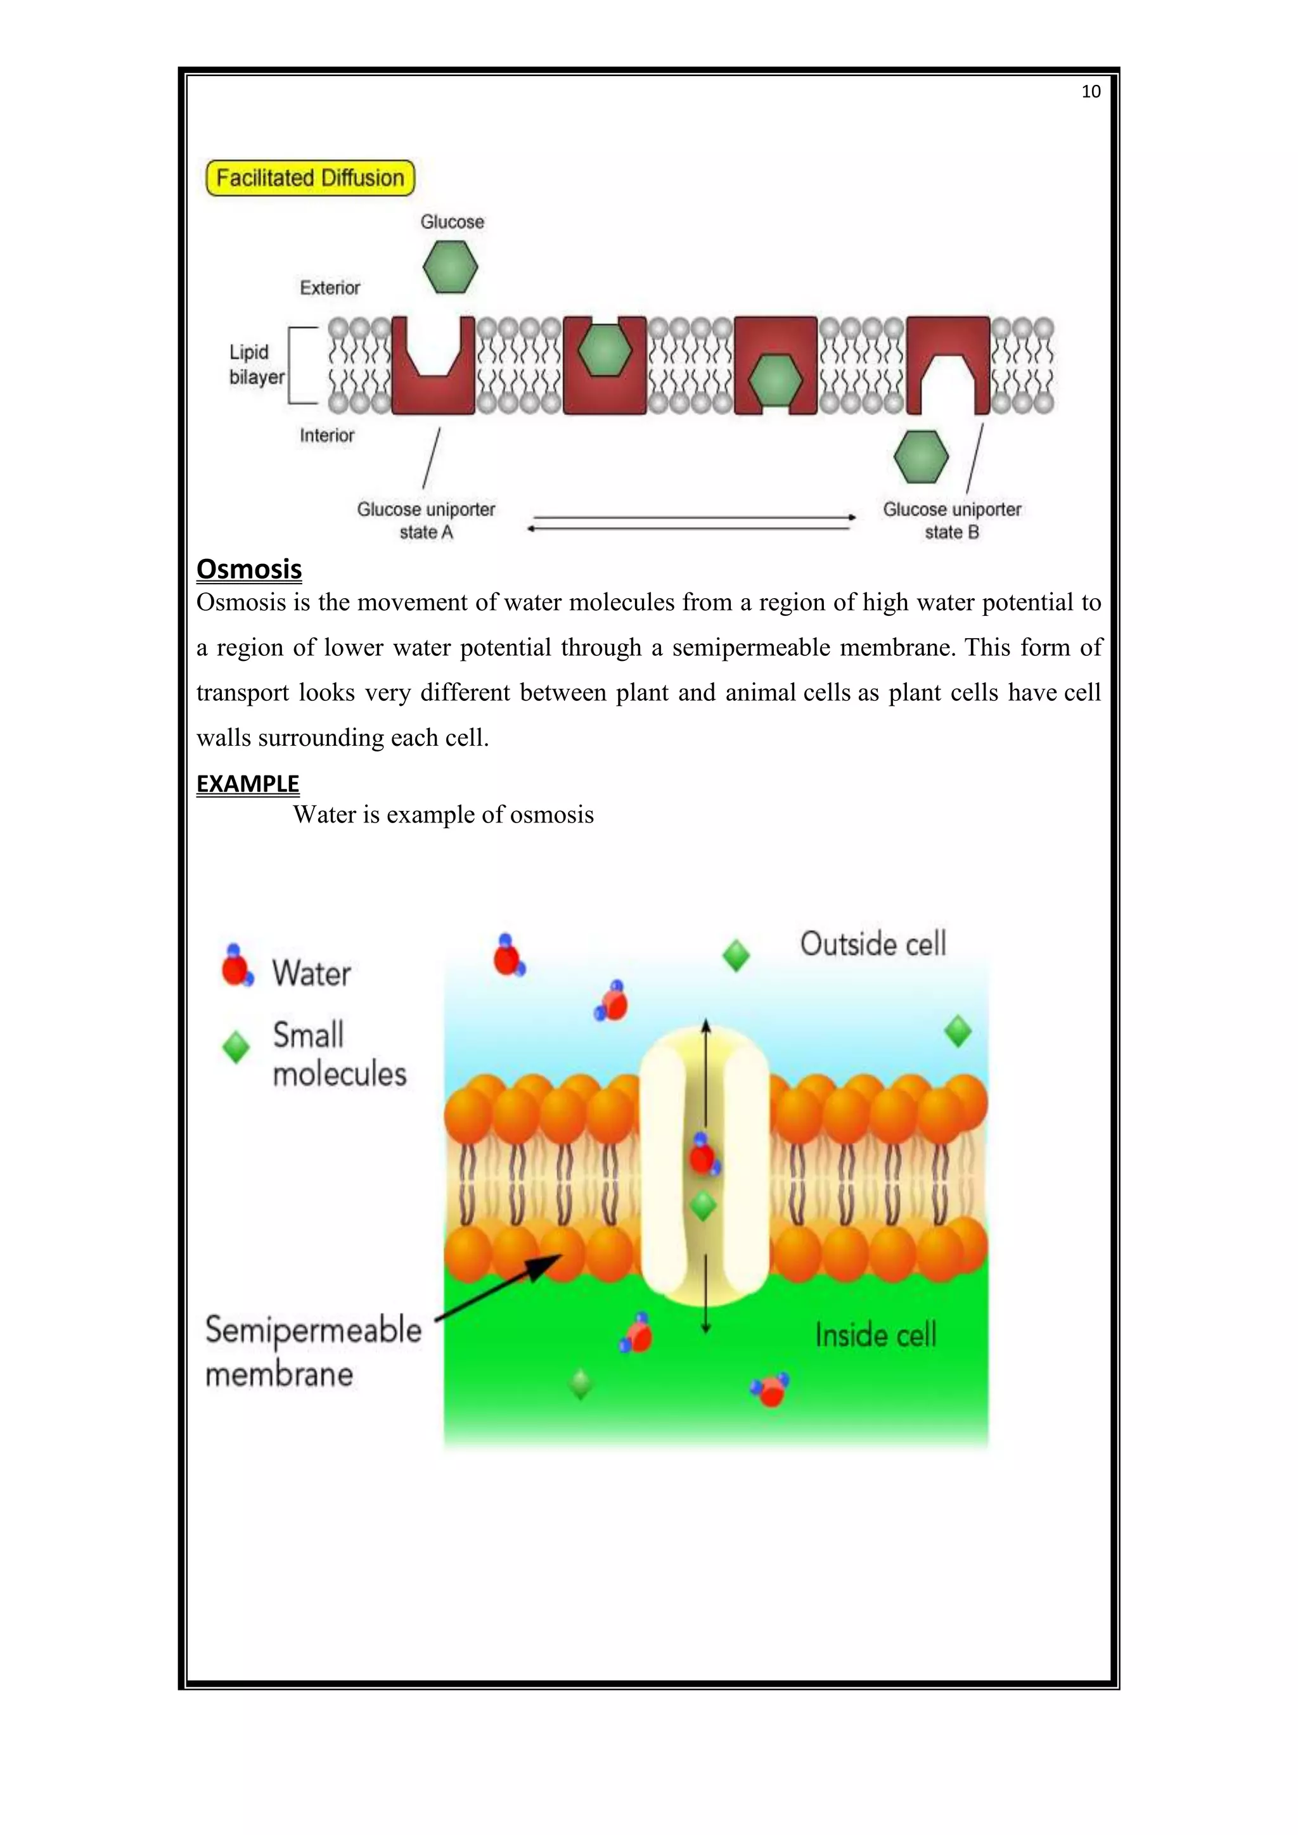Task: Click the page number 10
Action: (1090, 92)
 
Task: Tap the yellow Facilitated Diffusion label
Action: (310, 177)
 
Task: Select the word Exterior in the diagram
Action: (330, 288)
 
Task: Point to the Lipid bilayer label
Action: (256, 364)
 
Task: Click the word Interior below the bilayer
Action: (327, 435)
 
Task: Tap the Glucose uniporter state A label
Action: (426, 520)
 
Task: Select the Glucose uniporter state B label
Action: (951, 520)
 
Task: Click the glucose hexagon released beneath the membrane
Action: (921, 457)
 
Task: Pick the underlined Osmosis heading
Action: (248, 569)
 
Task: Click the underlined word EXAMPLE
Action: (248, 784)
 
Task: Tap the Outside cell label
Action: (873, 944)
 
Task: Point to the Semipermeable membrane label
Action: (313, 1352)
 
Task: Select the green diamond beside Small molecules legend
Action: (236, 1047)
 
